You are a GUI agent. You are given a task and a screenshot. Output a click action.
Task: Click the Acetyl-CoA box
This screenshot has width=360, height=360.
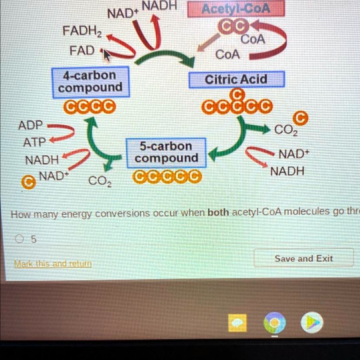pyautogui.click(x=236, y=9)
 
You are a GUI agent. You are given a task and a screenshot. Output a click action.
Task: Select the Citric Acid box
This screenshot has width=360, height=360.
pyautogui.click(x=237, y=80)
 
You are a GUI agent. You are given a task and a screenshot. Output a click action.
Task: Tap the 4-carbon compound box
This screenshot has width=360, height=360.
pyautogui.click(x=90, y=82)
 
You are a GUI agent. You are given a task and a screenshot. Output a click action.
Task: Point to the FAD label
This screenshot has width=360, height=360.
pyautogui.click(x=82, y=50)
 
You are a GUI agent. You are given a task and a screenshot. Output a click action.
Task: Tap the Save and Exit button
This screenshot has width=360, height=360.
pyautogui.click(x=303, y=259)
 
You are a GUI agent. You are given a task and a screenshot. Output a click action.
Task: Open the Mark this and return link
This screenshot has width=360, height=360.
pyautogui.click(x=53, y=264)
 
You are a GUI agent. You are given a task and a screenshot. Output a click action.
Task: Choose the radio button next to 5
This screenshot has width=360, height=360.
pyautogui.click(x=19, y=239)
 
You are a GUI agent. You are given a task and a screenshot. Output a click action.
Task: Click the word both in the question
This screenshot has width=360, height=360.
pyautogui.click(x=219, y=213)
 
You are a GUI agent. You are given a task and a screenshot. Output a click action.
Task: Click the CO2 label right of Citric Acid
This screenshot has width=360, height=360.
pyautogui.click(x=286, y=130)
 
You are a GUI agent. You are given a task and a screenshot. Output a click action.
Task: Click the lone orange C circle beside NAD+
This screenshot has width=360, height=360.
pyautogui.click(x=29, y=183)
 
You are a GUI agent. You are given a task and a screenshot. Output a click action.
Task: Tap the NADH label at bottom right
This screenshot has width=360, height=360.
pyautogui.click(x=287, y=171)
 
